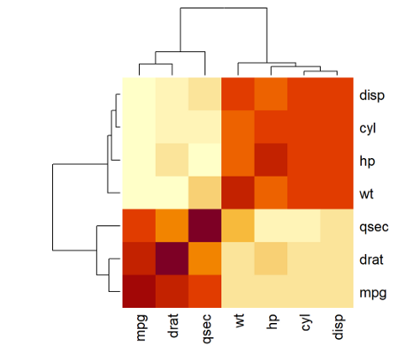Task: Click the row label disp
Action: [371, 94]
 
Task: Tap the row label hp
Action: [367, 160]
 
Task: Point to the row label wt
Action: [367, 193]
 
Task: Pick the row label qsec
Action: [372, 225]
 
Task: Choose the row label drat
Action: [371, 258]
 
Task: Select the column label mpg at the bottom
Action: [139, 329]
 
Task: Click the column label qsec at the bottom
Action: [205, 329]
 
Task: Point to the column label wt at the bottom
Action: [237, 324]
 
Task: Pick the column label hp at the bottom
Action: [270, 325]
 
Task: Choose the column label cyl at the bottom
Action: [304, 326]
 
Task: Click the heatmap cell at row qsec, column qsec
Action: [205, 225]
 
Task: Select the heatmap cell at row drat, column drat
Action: [172, 258]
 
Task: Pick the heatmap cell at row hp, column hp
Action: [270, 160]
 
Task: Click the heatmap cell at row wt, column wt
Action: [237, 193]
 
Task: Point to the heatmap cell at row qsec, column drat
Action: [172, 225]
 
